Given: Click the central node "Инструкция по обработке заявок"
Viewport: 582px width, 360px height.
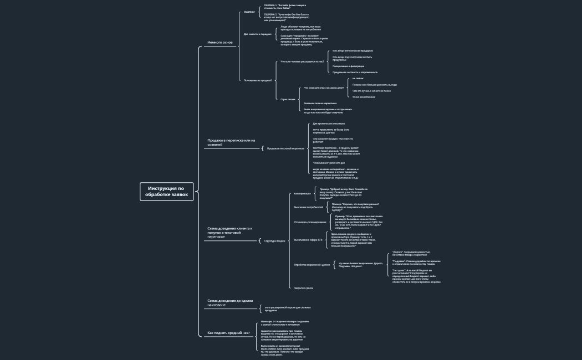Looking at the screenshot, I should (x=167, y=191).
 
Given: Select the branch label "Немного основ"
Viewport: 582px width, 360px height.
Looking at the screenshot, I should (x=220, y=42).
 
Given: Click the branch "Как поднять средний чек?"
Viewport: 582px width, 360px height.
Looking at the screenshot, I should (x=228, y=333).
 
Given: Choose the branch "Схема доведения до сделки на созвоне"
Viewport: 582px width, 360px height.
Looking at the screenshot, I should (x=229, y=302).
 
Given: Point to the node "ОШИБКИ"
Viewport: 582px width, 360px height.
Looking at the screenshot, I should (x=249, y=12).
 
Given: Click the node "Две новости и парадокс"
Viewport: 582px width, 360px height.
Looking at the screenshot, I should (x=258, y=34).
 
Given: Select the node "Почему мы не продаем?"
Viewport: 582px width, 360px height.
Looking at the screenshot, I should (x=258, y=80).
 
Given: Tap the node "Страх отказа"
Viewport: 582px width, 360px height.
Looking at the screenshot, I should (x=288, y=99).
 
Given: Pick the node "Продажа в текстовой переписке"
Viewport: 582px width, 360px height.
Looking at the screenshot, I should (x=285, y=148).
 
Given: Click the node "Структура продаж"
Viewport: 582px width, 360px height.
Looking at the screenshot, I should (x=275, y=241).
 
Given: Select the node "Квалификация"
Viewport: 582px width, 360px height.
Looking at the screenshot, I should (x=302, y=193).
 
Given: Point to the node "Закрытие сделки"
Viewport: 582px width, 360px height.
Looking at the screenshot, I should (x=303, y=288).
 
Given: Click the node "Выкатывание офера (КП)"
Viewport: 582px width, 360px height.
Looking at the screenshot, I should (x=308, y=240).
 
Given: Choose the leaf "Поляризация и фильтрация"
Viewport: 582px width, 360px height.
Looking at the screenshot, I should (x=348, y=66).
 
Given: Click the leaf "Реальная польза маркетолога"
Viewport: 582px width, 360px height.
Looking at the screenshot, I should (x=320, y=103).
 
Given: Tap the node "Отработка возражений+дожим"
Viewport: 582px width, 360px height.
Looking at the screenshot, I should (x=312, y=265).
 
